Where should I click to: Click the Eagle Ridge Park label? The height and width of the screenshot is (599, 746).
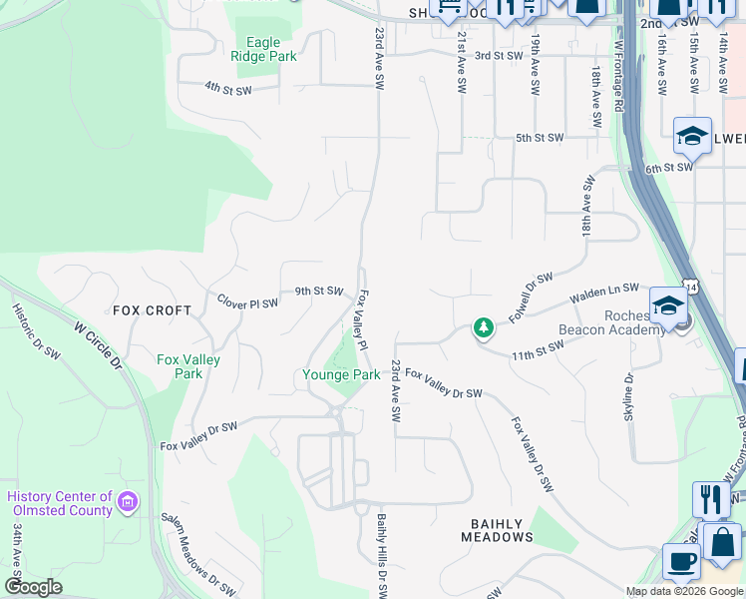pyautogui.click(x=263, y=49)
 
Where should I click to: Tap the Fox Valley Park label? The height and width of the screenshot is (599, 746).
pyautogui.click(x=187, y=366)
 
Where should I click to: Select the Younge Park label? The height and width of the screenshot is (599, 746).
pyautogui.click(x=341, y=374)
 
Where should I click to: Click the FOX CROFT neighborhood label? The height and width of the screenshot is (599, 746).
pyautogui.click(x=152, y=310)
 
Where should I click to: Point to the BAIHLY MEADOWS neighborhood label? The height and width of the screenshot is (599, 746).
pyautogui.click(x=497, y=530)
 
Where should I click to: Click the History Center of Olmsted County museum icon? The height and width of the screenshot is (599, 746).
pyautogui.click(x=128, y=501)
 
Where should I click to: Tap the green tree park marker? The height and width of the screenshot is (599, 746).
pyautogui.click(x=483, y=328)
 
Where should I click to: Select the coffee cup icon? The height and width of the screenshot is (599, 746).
pyautogui.click(x=681, y=562)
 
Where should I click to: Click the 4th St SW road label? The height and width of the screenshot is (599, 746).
pyautogui.click(x=227, y=90)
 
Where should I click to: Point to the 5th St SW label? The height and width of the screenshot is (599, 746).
pyautogui.click(x=540, y=138)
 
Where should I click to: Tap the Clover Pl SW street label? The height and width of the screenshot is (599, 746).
pyautogui.click(x=247, y=301)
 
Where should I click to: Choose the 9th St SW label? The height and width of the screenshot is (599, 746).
pyautogui.click(x=318, y=292)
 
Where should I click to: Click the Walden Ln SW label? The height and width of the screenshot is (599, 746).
pyautogui.click(x=603, y=294)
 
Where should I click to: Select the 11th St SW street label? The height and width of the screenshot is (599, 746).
pyautogui.click(x=538, y=349)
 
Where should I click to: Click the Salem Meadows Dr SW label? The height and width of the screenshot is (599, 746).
pyautogui.click(x=199, y=553)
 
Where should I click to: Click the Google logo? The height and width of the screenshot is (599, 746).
pyautogui.click(x=34, y=587)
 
